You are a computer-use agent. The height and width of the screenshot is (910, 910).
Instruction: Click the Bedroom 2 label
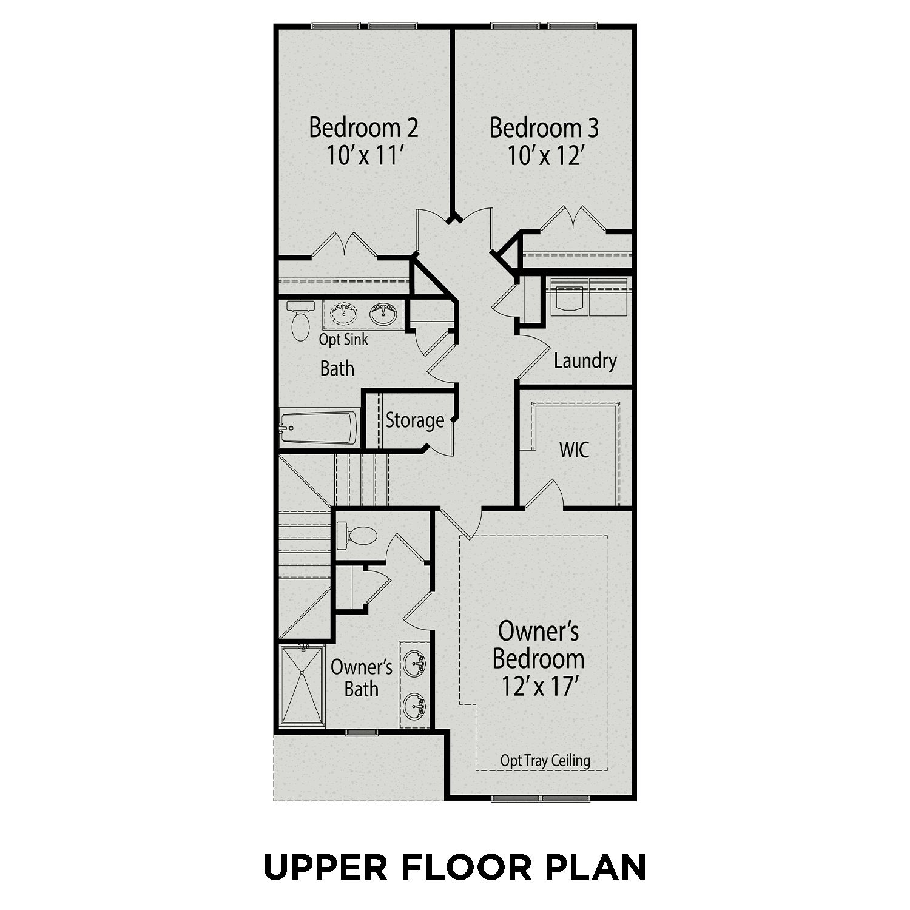pos(363,128)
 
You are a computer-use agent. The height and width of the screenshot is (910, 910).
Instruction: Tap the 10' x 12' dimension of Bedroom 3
pos(545,157)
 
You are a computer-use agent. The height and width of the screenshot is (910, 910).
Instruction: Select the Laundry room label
pos(585,361)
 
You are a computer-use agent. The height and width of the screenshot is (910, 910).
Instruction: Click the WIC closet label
pos(574,450)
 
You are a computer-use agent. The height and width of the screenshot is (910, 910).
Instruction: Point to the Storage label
pos(415,420)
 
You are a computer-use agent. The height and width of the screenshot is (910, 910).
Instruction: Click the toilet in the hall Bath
pos(299,321)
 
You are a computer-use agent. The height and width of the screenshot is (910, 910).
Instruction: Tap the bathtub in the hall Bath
pos(318,427)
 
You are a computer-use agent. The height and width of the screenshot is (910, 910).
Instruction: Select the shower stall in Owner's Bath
pos(302,684)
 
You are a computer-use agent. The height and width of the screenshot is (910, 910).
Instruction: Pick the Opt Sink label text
pos(343,340)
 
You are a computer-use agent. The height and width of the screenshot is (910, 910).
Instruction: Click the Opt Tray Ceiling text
pos(545,761)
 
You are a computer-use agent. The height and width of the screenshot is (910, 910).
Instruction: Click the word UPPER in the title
pos(325,867)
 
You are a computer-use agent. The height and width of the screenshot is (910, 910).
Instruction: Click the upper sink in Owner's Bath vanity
pos(415,662)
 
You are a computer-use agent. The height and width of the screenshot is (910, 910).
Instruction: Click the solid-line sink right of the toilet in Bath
pos(383,314)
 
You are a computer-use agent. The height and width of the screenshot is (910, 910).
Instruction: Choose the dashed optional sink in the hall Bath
pos(344,314)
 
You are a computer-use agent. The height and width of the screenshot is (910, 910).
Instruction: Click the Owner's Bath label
pos(362,678)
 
